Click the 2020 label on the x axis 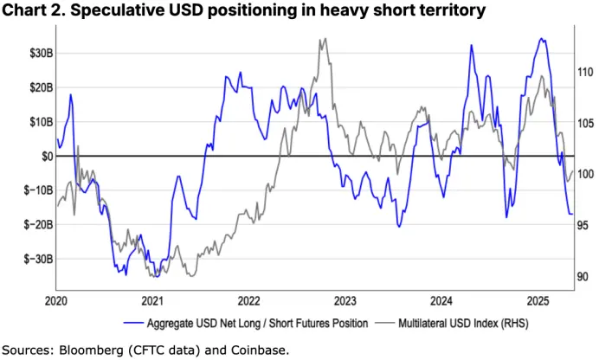pyautogui.click(x=55, y=301)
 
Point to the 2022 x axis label pyautogui.click(x=248, y=301)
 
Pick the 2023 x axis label pyautogui.click(x=345, y=301)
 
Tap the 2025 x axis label pyautogui.click(x=538, y=301)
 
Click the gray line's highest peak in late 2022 pyautogui.click(x=323, y=39)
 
